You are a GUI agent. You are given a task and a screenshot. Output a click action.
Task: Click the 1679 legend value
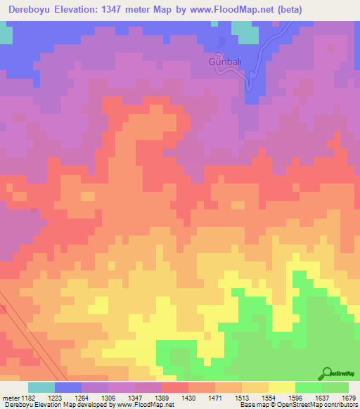pyautogui.click(x=349, y=397)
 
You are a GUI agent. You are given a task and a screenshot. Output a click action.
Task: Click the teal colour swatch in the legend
pyautogui.click(x=41, y=387)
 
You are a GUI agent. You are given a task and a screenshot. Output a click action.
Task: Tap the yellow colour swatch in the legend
pyautogui.click(x=281, y=387)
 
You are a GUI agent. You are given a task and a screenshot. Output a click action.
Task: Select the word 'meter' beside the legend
pyautogui.click(x=10, y=397)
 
